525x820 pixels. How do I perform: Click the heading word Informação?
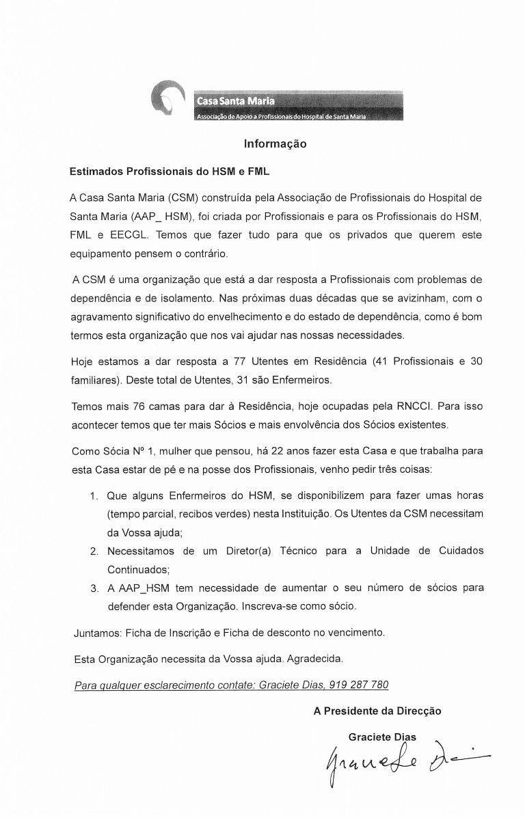coord(275,145)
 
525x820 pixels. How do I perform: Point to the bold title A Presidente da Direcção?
coord(377,711)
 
